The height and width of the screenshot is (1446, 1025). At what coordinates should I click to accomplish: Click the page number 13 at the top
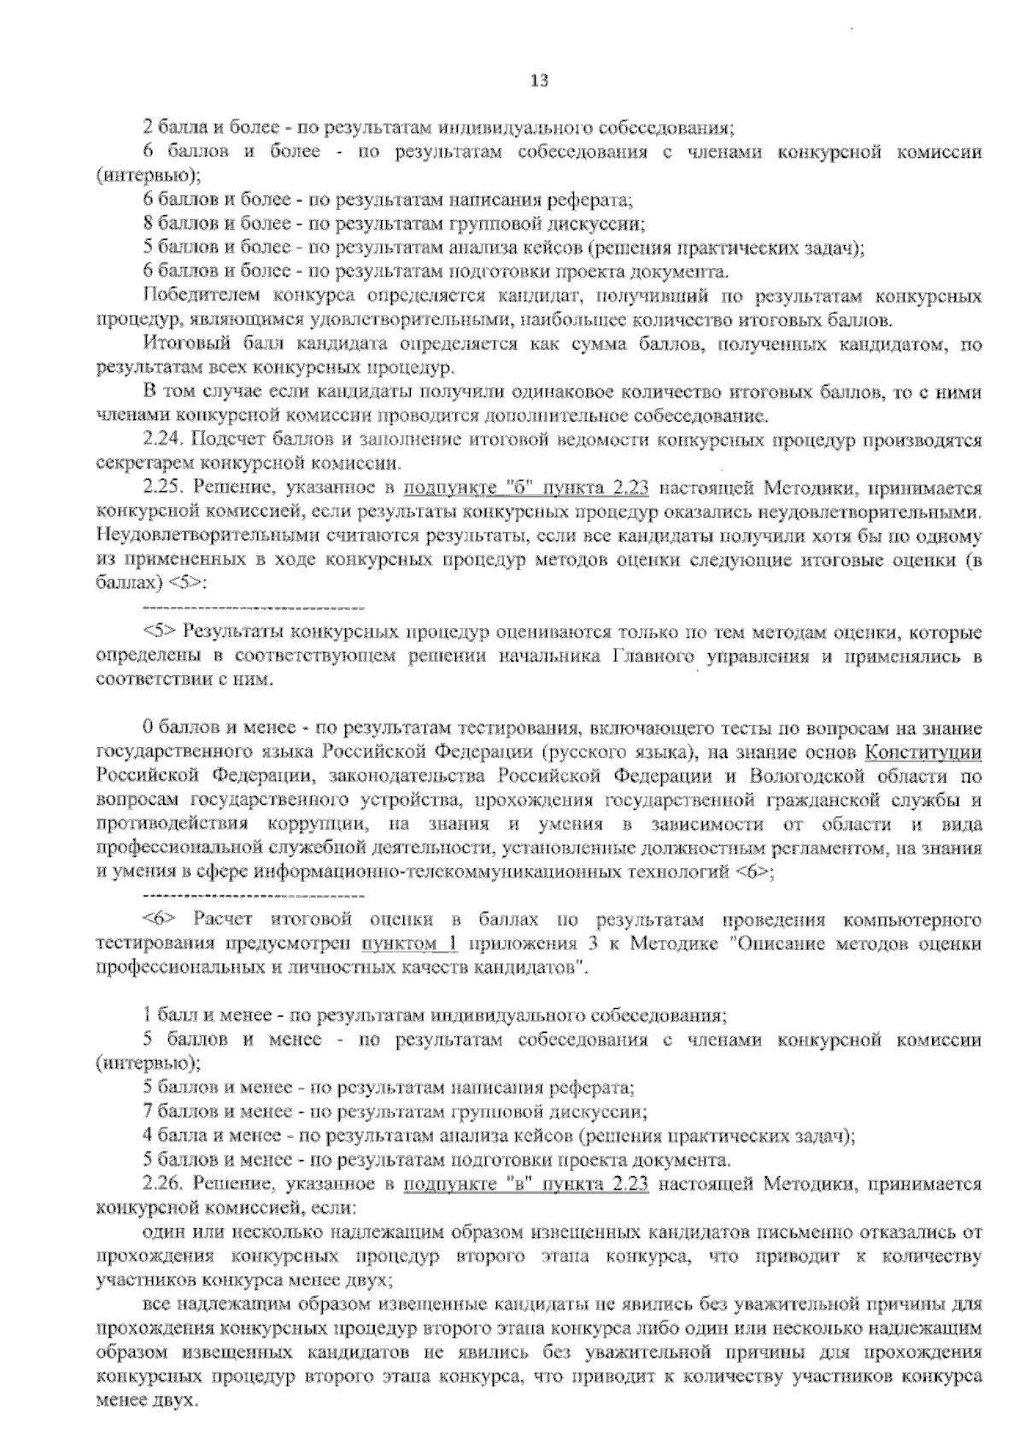[537, 82]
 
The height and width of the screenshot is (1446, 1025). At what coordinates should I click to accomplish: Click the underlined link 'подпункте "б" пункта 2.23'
[526, 489]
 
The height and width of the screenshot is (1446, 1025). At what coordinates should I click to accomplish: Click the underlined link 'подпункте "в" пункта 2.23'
[526, 1185]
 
